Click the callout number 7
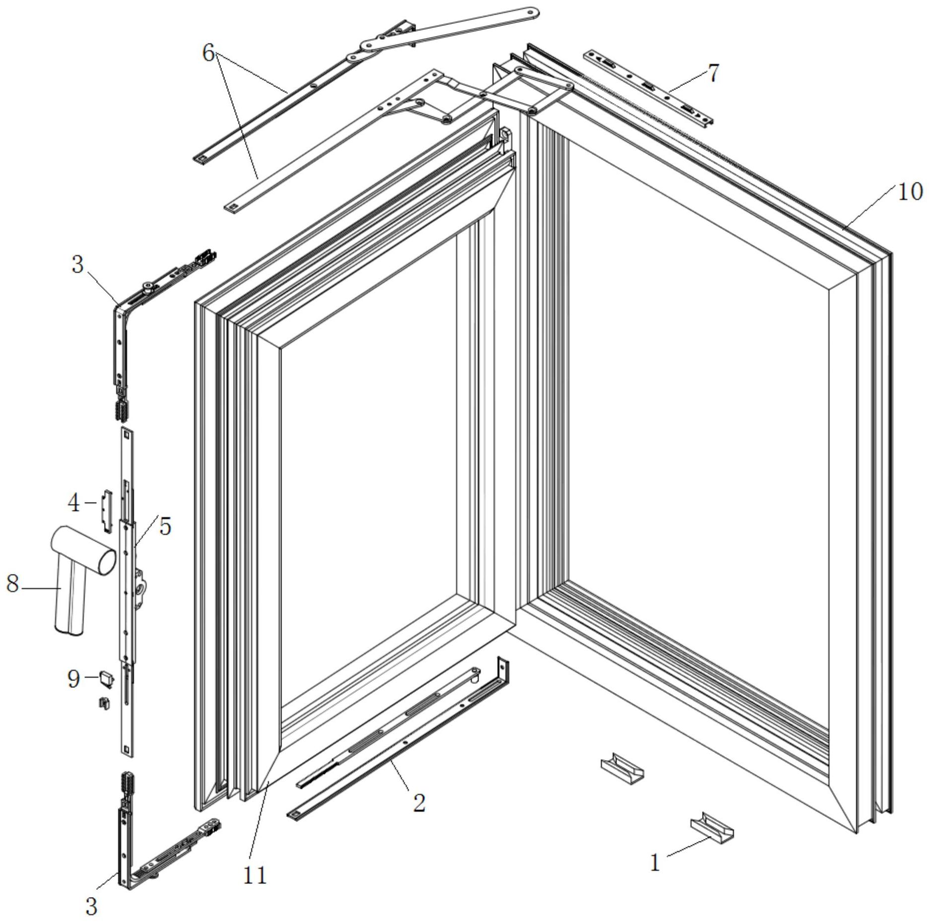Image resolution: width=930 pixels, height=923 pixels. pos(713,73)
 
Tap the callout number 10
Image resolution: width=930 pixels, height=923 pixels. pos(910,192)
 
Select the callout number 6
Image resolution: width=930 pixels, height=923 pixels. pos(208,52)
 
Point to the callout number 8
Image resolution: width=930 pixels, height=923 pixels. pos(12,584)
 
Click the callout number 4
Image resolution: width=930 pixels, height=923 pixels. pos(74,503)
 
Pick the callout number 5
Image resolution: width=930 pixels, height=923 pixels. pos(165,526)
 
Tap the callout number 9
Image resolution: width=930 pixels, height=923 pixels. pos(74,678)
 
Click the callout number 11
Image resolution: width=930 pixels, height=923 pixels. pos(255,875)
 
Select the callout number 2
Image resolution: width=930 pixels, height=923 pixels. pos(419,803)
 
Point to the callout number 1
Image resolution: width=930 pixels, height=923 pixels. pos(655,863)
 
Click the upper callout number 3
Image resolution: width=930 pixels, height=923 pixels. pos(77,264)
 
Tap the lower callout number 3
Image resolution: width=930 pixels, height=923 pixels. pos(91,906)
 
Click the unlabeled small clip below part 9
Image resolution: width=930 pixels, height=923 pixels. pos(105,704)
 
